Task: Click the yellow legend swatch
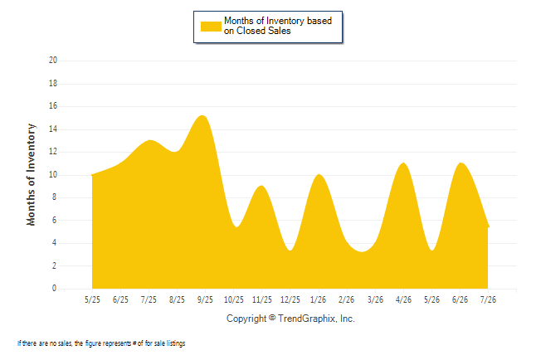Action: [x=211, y=27]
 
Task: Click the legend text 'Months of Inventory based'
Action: [x=278, y=21]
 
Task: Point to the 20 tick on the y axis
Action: [x=53, y=61]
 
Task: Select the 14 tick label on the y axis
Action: [x=53, y=129]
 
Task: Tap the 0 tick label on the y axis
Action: [x=55, y=288]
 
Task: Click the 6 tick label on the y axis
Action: [x=55, y=220]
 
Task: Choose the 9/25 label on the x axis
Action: [x=205, y=299]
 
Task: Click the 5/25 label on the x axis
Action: [x=92, y=299]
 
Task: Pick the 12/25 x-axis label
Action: [x=290, y=299]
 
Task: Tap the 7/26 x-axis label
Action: [x=488, y=299]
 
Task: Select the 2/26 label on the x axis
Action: [x=346, y=299]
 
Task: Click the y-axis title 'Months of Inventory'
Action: [x=31, y=175]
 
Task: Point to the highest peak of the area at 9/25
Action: [x=202, y=115]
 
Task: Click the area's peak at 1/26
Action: [x=319, y=174]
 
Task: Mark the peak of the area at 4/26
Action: [x=404, y=163]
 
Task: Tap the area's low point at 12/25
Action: [x=290, y=251]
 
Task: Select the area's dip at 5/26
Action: [x=432, y=251]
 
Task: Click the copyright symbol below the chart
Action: [x=272, y=318]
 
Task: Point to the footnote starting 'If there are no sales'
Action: [x=101, y=343]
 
